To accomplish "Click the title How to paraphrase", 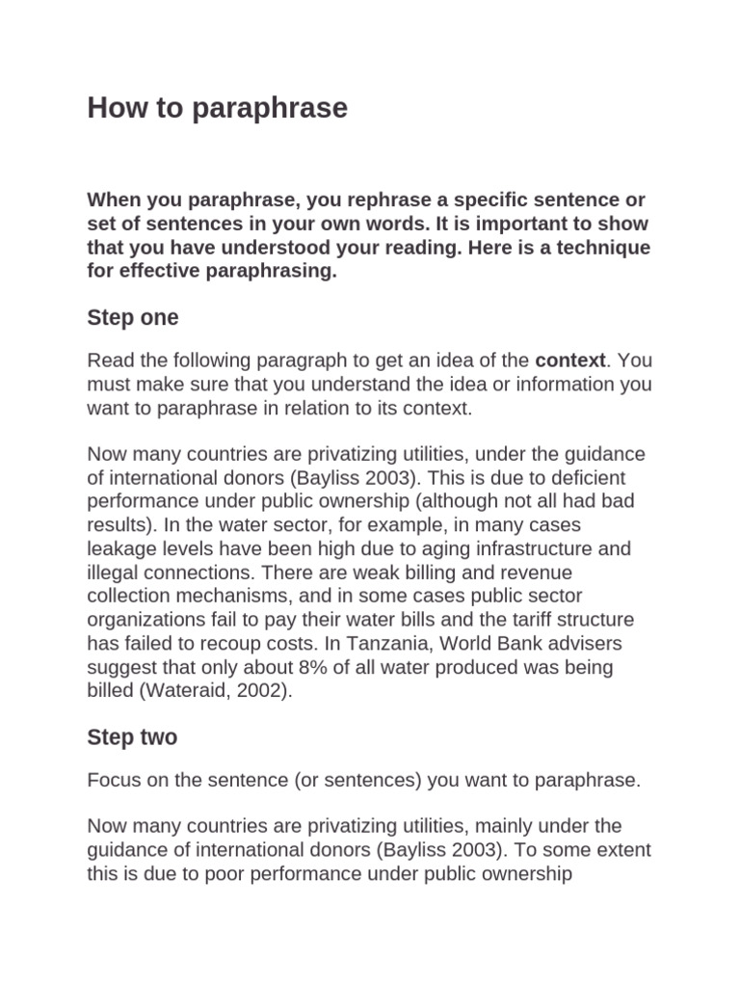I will click(217, 108).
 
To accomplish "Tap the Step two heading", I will click(132, 737).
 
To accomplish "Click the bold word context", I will click(569, 360).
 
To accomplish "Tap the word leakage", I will click(119, 549).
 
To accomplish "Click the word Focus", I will click(114, 780).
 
